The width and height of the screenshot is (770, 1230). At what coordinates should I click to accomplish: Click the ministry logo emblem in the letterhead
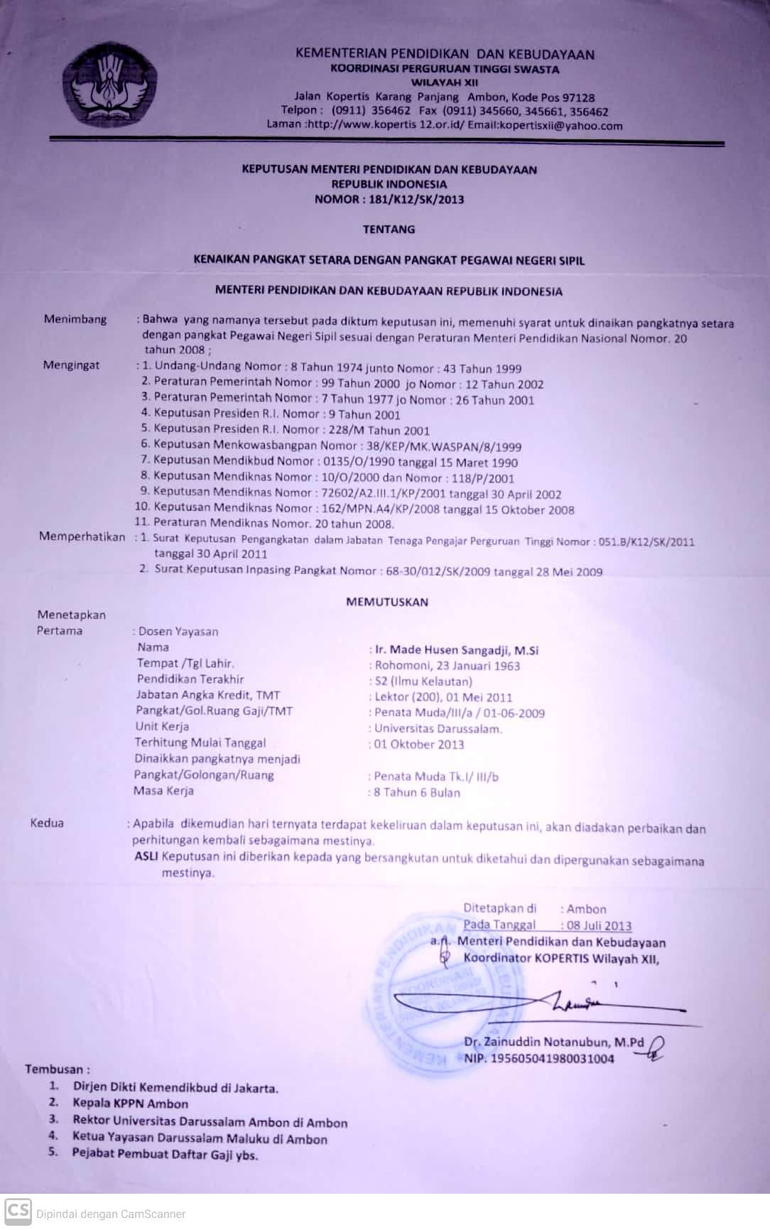point(108,85)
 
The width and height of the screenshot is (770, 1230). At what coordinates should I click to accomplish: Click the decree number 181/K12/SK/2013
point(416,200)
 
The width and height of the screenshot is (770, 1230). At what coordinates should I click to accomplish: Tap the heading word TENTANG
point(389,230)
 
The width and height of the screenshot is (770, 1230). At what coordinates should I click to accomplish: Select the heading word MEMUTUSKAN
point(387,602)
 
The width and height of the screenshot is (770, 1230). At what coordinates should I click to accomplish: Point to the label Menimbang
point(75,319)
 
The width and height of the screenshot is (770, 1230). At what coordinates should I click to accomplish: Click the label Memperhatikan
point(82,536)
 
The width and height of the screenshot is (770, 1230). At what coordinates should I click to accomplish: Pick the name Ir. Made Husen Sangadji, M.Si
point(457,650)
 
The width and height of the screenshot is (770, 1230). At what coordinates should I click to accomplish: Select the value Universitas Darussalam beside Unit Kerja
point(438,729)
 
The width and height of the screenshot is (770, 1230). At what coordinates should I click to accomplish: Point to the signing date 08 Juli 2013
point(599,926)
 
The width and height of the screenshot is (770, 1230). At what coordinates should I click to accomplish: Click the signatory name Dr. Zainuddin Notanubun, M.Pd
point(553,1042)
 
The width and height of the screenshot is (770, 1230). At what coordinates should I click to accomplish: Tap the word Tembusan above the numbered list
point(56,1069)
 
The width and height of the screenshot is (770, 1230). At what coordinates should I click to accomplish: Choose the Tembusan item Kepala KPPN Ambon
point(130,1104)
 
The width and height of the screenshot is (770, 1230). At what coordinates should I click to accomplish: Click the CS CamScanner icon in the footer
point(18,1211)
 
